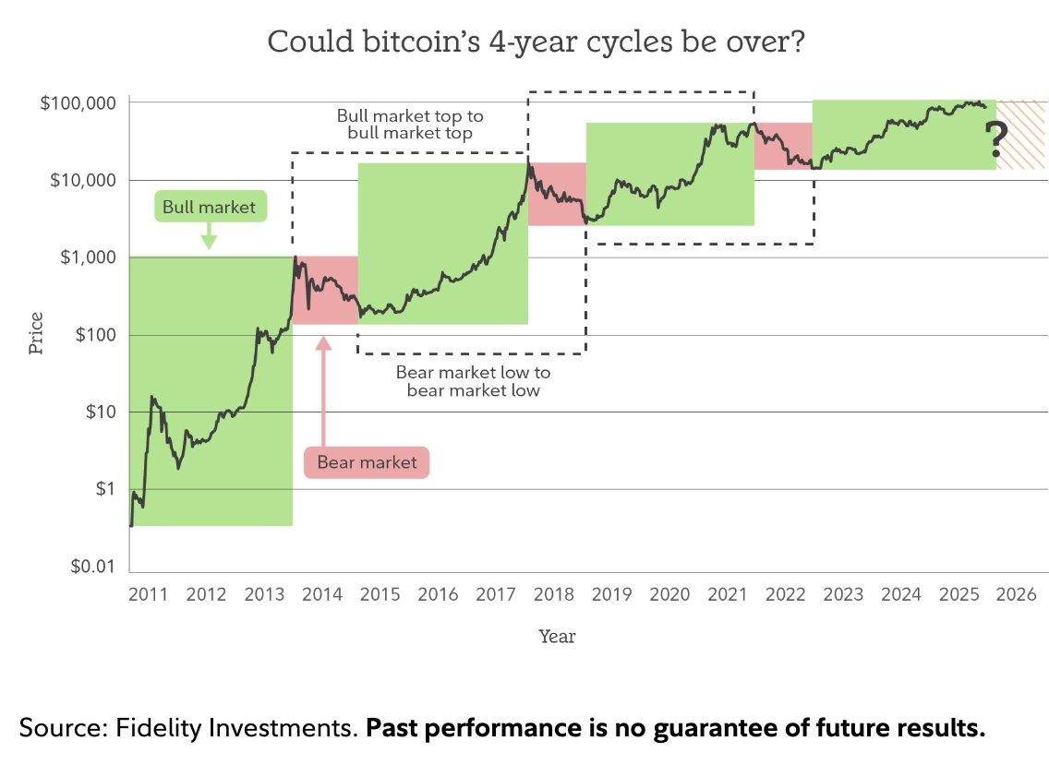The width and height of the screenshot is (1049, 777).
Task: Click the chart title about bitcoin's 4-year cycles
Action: tap(524, 42)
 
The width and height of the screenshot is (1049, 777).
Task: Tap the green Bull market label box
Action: tap(209, 208)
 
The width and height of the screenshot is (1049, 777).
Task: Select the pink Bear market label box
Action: tap(367, 462)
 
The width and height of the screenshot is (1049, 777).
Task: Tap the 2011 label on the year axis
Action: tap(148, 594)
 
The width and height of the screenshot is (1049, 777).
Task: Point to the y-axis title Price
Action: tap(36, 334)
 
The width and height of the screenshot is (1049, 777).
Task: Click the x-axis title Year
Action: tap(557, 637)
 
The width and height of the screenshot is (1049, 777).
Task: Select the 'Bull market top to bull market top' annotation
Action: tap(409, 125)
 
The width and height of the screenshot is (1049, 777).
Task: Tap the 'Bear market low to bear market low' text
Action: tap(473, 381)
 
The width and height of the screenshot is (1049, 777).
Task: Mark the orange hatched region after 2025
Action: tap(1021, 135)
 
